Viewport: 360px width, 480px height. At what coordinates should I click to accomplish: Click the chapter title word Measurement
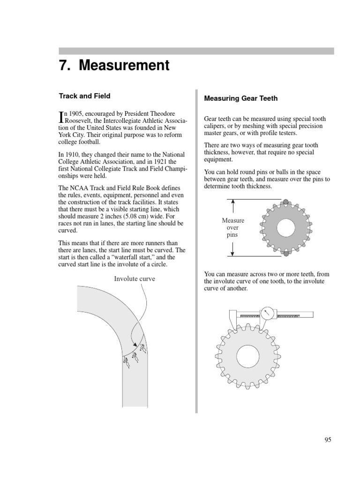[x=124, y=66]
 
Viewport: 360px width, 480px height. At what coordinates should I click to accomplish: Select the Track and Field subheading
[x=84, y=96]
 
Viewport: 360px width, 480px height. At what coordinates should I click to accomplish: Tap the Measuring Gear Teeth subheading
[x=241, y=98]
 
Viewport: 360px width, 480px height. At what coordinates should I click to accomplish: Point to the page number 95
[x=328, y=440]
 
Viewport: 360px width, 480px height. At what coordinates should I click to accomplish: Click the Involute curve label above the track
[x=135, y=278]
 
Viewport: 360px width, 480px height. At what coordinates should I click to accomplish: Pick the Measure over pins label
[x=233, y=228]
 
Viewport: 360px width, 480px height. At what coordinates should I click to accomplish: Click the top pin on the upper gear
[x=285, y=202]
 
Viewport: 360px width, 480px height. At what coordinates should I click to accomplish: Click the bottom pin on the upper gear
[x=285, y=254]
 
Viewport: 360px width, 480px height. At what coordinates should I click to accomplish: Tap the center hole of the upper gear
[x=285, y=228]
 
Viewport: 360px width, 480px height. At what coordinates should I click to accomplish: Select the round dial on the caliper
[x=267, y=313]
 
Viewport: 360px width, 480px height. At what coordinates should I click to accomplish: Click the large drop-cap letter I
[x=61, y=117]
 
